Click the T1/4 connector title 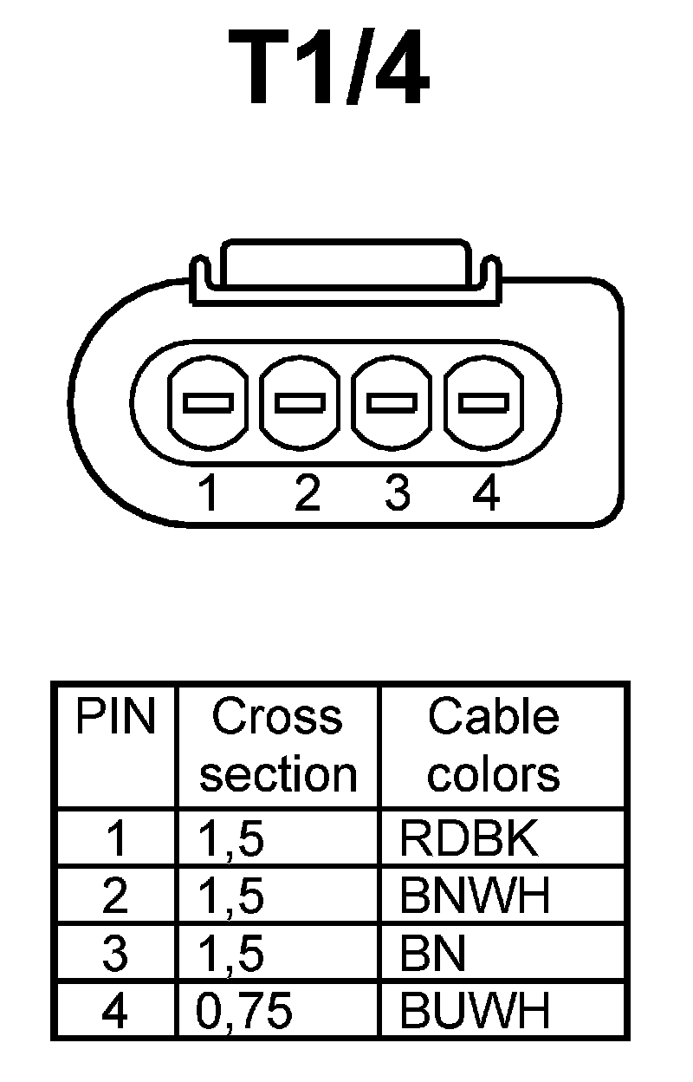(329, 69)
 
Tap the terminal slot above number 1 (209, 403)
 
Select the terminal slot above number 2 (301, 403)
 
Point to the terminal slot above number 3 (392, 403)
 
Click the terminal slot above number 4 (483, 403)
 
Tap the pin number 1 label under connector (208, 494)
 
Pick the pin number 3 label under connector (397, 494)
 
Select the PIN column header (115, 718)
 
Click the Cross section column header (277, 746)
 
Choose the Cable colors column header (494, 746)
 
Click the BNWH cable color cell (475, 896)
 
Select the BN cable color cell (433, 954)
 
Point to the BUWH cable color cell (475, 1010)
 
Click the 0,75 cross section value (245, 1011)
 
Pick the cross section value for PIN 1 (231, 840)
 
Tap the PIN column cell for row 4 (114, 1011)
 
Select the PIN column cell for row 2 (114, 896)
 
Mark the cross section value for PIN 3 (231, 954)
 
